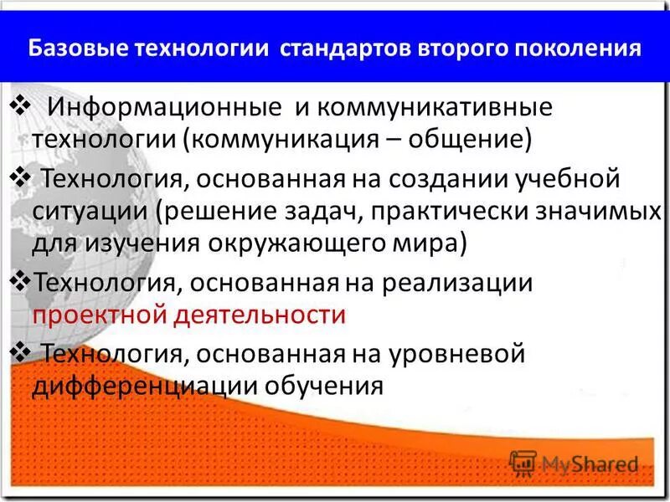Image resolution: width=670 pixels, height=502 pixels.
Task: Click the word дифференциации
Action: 146,385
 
